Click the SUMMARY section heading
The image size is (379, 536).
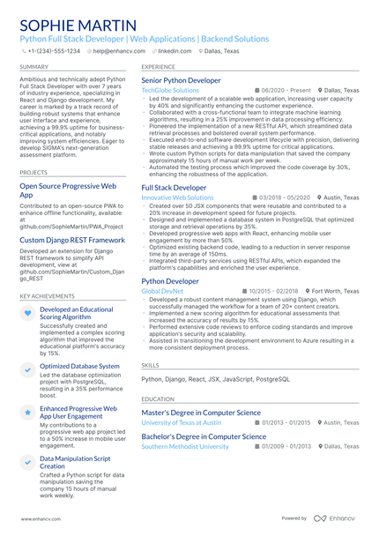click(x=34, y=67)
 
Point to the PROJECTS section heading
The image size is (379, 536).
click(x=33, y=173)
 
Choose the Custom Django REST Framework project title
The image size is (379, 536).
click(x=72, y=240)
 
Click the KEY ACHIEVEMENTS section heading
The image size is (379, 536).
click(x=47, y=296)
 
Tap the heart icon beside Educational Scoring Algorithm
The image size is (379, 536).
click(x=28, y=313)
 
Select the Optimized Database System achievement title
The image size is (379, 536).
click(x=79, y=366)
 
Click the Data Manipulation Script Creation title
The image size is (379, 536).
click(x=76, y=463)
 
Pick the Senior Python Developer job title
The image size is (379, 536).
click(x=182, y=80)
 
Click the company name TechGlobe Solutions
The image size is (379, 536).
click(x=170, y=90)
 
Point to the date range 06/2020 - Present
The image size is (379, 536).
click(x=286, y=90)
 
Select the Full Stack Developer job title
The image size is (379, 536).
click(x=175, y=188)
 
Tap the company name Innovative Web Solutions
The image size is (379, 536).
click(x=177, y=197)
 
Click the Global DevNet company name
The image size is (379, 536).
click(x=162, y=290)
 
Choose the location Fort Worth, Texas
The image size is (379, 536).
click(x=334, y=290)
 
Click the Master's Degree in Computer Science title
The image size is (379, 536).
click(x=201, y=413)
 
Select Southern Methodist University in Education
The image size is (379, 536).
click(x=185, y=446)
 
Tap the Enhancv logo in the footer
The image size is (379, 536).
click(x=338, y=518)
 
